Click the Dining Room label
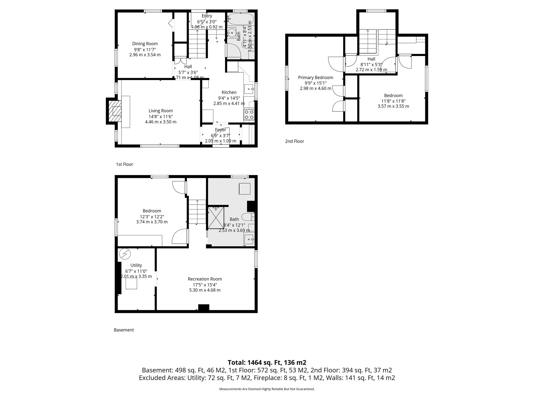tap(145, 44)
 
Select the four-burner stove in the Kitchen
tap(249, 115)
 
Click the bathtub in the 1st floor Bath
tap(240, 19)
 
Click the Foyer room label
tap(220, 130)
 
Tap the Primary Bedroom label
tap(315, 77)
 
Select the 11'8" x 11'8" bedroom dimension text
tap(393, 101)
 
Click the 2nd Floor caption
tap(294, 141)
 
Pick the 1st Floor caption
tap(124, 164)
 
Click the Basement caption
tap(124, 330)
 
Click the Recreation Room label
tap(205, 279)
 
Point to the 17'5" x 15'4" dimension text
tap(205, 285)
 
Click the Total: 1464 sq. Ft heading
tap(267, 362)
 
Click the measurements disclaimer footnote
tap(267, 389)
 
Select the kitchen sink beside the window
tap(249, 89)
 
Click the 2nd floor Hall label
tap(371, 59)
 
